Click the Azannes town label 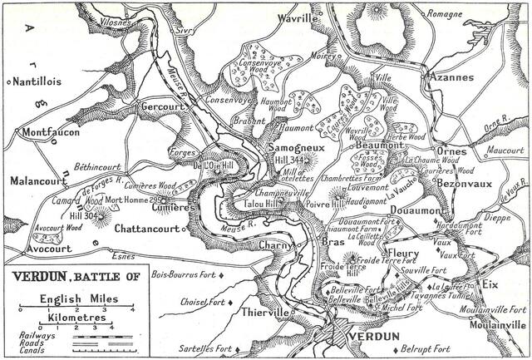[450, 76]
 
